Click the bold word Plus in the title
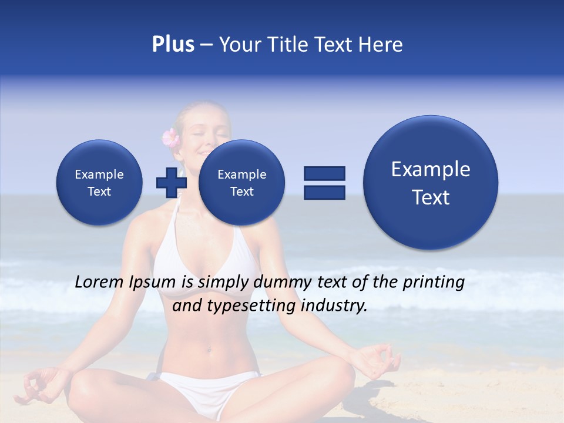[x=173, y=45]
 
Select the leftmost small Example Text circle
[x=99, y=183]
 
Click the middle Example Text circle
[x=241, y=183]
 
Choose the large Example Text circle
[x=431, y=183]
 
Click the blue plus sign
[x=171, y=182]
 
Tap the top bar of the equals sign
[x=324, y=173]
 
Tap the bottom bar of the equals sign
[x=324, y=192]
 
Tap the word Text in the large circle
[x=431, y=197]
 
